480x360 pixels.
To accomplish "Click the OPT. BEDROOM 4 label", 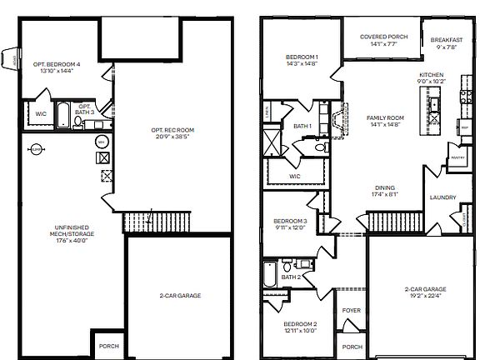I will point(57,64).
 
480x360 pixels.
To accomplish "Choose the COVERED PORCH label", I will point(382,37).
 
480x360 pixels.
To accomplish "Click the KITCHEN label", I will point(432,75).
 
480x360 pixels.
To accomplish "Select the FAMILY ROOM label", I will point(385,117).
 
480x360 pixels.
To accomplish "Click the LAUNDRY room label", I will point(442,197).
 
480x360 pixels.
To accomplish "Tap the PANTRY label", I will point(456,157).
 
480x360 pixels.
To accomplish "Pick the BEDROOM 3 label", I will point(291,221).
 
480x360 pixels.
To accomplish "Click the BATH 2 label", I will point(291,276).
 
